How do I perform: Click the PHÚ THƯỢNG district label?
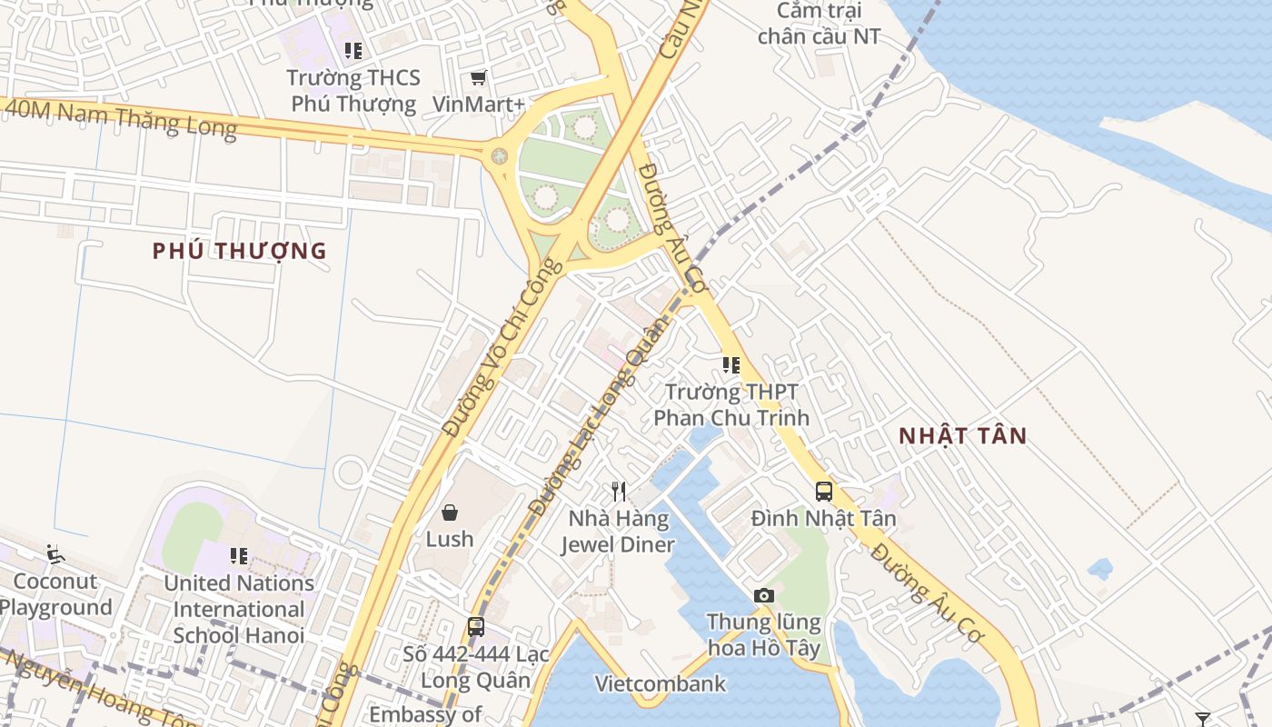pos(239,252)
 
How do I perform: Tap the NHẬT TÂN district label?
pos(962,436)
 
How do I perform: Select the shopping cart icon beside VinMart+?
pos(478,78)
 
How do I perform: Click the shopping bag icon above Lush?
pos(449,513)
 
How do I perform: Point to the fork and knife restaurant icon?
pos(619,492)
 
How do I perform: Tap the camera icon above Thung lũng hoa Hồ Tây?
pos(764,595)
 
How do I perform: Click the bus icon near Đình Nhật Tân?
pos(823,492)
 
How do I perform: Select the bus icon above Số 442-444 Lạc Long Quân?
pos(475,626)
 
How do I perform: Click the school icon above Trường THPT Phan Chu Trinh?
pos(730,365)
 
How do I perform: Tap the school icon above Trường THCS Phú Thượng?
pos(353,51)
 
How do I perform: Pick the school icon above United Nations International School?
pos(238,555)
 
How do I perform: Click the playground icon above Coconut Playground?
pos(55,553)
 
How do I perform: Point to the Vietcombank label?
pos(661,683)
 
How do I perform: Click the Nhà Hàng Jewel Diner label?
pos(618,532)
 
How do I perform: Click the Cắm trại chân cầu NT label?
pos(819,24)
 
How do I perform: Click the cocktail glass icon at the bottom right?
pos(1202,719)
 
